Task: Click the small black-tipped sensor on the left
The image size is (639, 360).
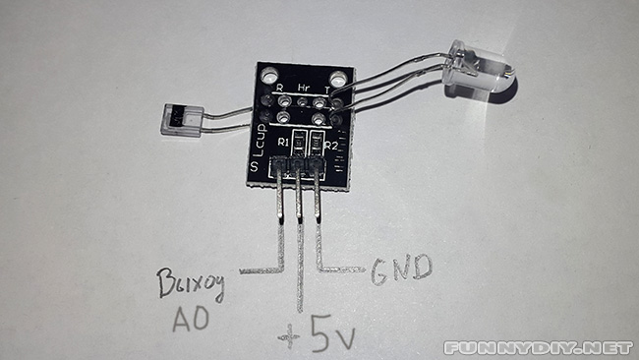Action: pos(175,120)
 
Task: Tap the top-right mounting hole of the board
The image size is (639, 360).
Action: pos(337,78)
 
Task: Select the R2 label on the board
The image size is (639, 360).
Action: pos(331,147)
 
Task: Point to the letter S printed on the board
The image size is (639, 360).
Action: pos(255,170)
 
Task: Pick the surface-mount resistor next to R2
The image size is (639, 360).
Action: pos(316,146)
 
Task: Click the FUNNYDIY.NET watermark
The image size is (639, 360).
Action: pos(537,347)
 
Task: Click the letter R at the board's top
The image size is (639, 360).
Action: pos(280,87)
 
